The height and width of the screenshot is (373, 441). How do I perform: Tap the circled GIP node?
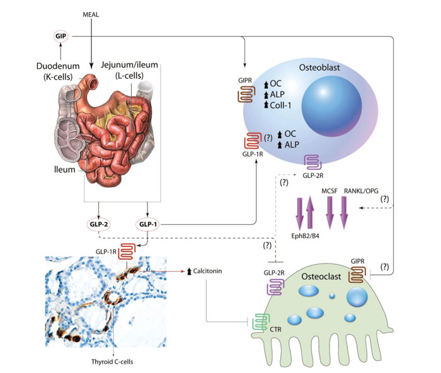62,37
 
